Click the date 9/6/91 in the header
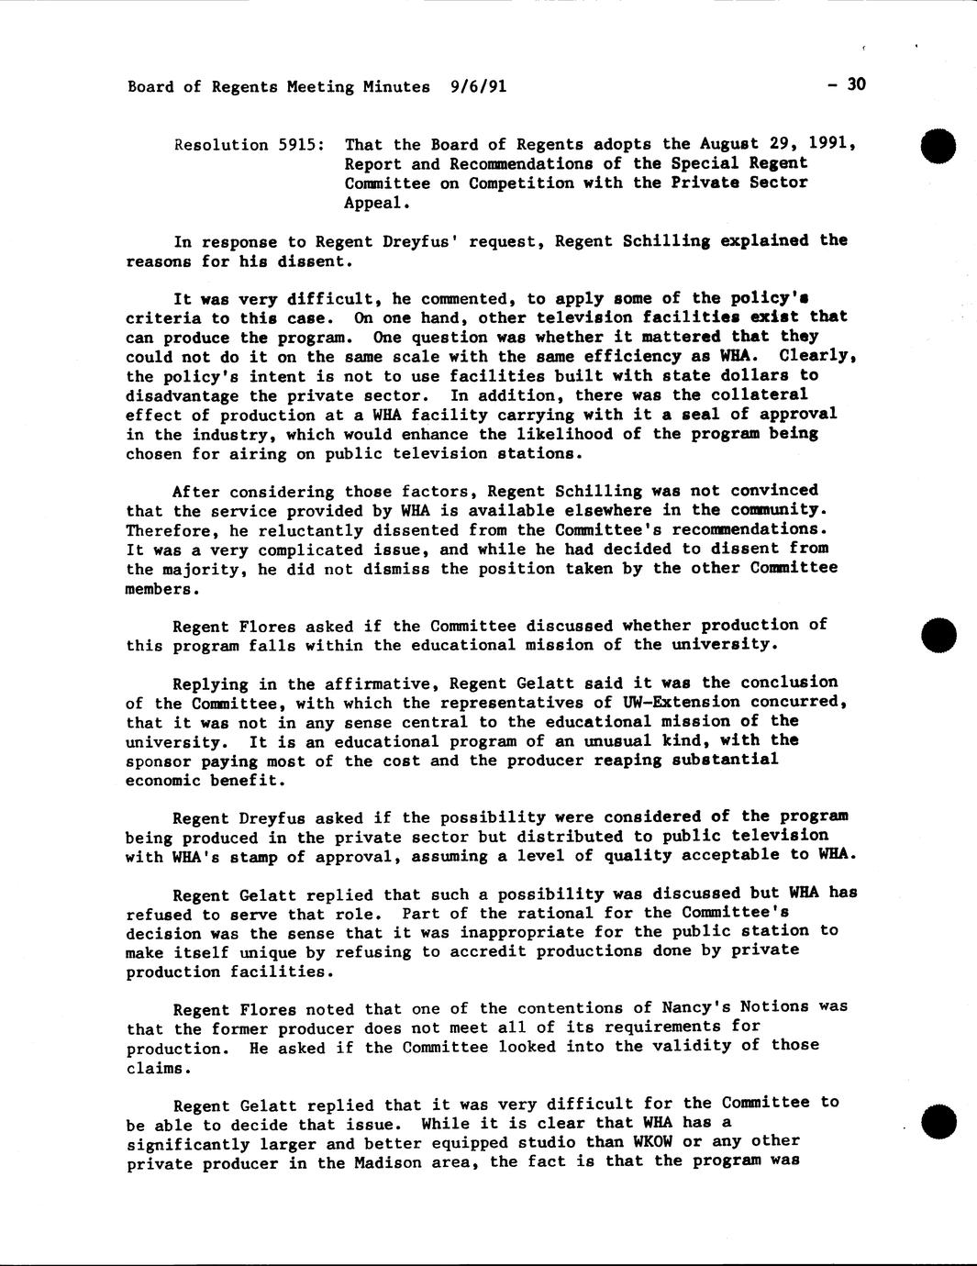[x=478, y=87]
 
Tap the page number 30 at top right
[x=856, y=85]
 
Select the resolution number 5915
[x=296, y=145]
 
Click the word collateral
[x=761, y=394]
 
